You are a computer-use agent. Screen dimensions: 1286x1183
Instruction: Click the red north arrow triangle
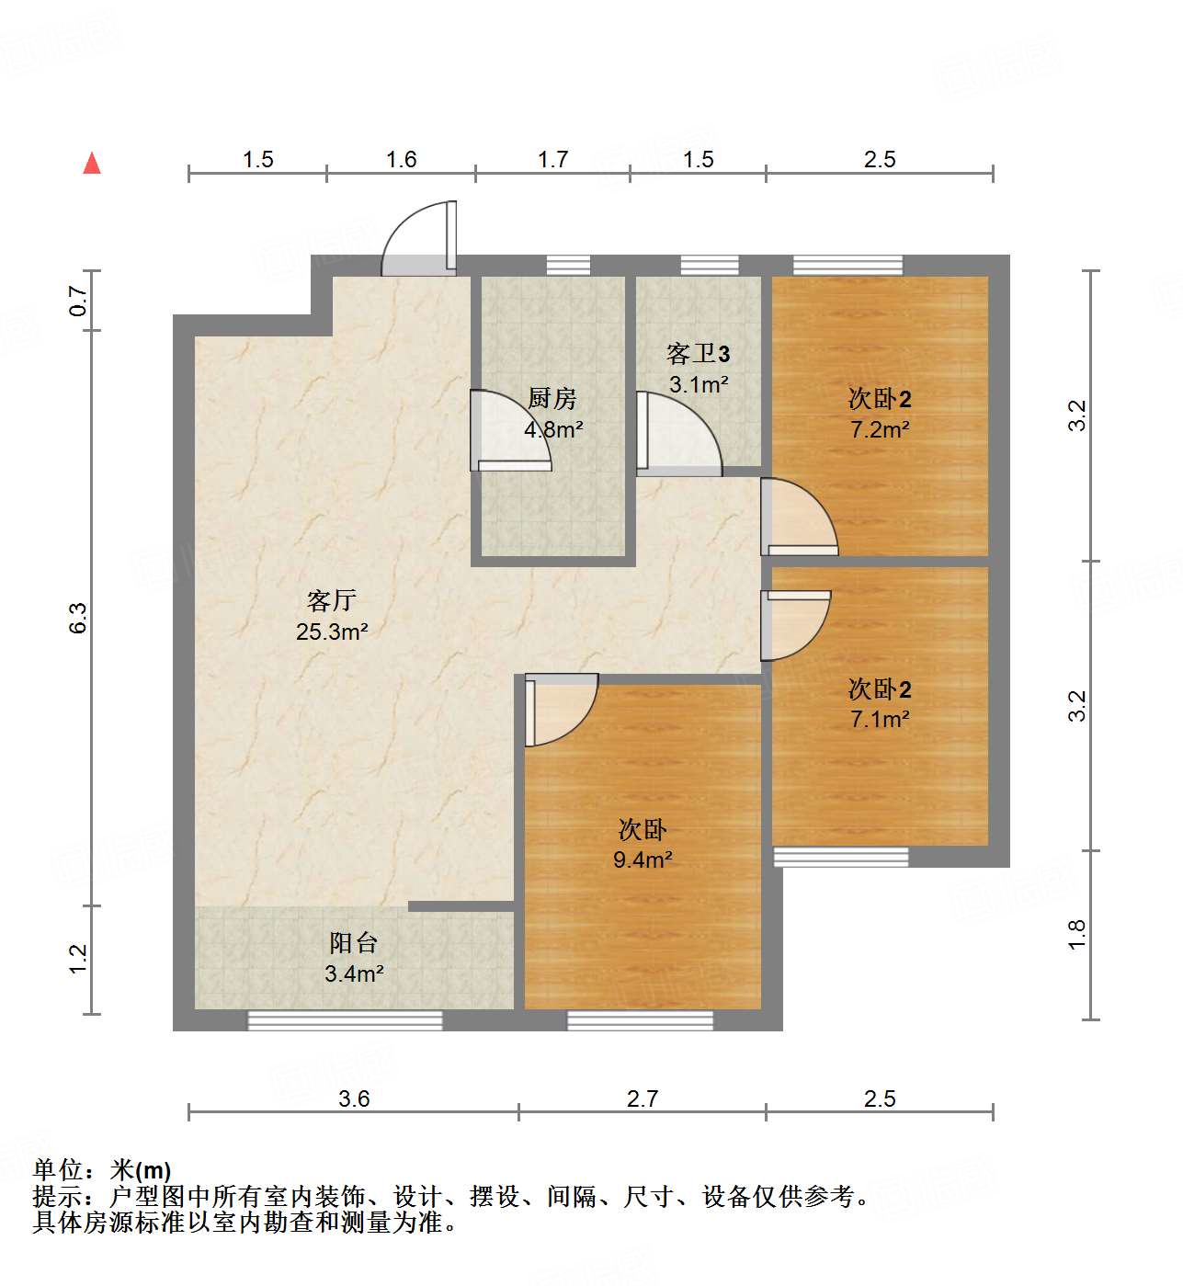[92, 163]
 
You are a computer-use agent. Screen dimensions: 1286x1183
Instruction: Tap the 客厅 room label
[331, 601]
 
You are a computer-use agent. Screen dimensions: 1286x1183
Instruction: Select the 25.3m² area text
[332, 632]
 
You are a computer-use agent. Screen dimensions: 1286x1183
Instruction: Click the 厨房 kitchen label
[552, 399]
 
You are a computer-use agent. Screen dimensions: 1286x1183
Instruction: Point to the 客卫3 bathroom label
[698, 354]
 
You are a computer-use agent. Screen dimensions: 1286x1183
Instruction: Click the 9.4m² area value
[643, 860]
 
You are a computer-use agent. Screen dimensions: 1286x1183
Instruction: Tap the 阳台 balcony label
[354, 943]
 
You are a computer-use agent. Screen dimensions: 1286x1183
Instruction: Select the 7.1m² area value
[880, 720]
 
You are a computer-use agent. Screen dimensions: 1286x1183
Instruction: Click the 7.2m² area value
[880, 429]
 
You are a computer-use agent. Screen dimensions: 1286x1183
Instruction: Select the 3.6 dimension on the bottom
[354, 1098]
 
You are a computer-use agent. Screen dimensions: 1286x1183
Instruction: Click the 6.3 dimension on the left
[78, 617]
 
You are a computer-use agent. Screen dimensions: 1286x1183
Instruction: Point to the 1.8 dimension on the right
[1077, 934]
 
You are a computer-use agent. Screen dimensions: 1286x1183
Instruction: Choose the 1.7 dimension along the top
[552, 160]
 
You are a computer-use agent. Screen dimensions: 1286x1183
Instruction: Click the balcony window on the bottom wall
[346, 1019]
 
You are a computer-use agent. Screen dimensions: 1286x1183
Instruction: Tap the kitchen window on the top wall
[568, 266]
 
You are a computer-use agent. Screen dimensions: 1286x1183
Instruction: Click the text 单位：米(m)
[102, 1170]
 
